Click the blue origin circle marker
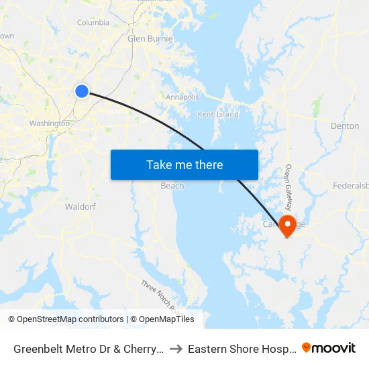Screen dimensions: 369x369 (x=82, y=91)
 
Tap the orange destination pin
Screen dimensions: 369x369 (x=288, y=225)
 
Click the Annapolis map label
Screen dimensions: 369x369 (x=182, y=97)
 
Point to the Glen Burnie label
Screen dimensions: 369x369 (x=150, y=38)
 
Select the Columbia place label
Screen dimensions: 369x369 (x=93, y=22)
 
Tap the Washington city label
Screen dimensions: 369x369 (x=49, y=123)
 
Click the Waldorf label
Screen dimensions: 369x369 (x=81, y=207)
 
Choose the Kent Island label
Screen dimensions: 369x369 (x=218, y=115)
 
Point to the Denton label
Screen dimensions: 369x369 (x=345, y=126)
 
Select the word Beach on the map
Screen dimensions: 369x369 (x=172, y=186)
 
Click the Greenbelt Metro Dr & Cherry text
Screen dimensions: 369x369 (x=87, y=349)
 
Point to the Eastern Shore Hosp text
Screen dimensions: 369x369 (x=241, y=349)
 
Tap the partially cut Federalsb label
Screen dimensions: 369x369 (x=351, y=185)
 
